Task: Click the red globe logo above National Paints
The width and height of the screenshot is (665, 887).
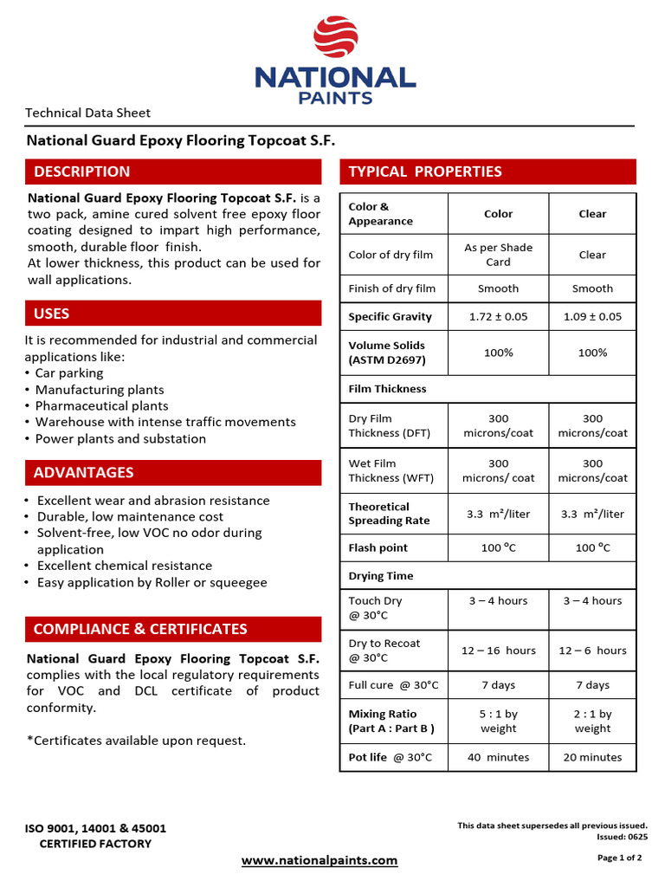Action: click(x=334, y=36)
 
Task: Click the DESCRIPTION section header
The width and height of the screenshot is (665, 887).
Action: click(x=173, y=172)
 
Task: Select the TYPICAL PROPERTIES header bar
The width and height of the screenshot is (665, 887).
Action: click(x=487, y=172)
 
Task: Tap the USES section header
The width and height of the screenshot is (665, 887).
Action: click(x=173, y=314)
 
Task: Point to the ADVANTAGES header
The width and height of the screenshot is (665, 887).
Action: click(x=173, y=473)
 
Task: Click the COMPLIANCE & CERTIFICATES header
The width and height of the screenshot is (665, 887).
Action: click(x=173, y=629)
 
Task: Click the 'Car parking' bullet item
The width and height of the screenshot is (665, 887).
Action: click(x=69, y=373)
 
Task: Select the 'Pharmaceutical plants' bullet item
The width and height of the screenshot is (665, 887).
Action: click(x=101, y=406)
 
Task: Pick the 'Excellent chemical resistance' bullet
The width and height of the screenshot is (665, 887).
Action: click(x=124, y=566)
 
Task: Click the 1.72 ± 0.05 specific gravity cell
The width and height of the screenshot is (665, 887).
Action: click(x=498, y=317)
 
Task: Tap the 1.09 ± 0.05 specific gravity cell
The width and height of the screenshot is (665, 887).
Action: click(x=592, y=317)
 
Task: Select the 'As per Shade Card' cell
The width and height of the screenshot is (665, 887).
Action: click(x=498, y=255)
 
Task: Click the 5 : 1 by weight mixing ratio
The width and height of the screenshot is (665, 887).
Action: click(x=498, y=722)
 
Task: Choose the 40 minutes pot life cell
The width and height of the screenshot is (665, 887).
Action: click(x=498, y=757)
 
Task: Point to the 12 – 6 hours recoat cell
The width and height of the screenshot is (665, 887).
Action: click(x=592, y=651)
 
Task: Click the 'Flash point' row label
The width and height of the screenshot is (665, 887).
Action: click(x=378, y=548)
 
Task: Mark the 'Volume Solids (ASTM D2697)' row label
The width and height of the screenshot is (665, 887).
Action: click(x=387, y=353)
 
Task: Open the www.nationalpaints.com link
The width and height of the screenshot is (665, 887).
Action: click(x=319, y=860)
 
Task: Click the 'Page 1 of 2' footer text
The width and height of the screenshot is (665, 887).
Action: click(x=619, y=858)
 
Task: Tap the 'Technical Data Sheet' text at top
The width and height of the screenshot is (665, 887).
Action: click(x=87, y=113)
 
